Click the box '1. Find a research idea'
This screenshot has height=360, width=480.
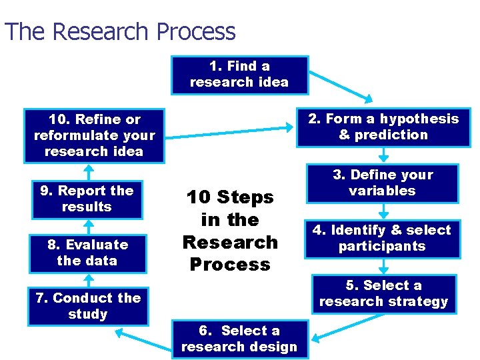[x=239, y=75]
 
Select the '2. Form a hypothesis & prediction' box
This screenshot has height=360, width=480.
[x=383, y=127]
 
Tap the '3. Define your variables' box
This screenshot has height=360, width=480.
[x=383, y=183]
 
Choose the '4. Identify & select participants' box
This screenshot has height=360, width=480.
[x=382, y=239]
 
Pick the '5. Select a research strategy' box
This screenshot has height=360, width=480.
[x=383, y=294]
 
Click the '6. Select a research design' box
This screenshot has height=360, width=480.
[x=239, y=339]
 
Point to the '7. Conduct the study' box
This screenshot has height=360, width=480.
[x=88, y=306]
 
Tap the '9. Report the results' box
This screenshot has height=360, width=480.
[x=87, y=199]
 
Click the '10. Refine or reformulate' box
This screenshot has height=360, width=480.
[x=94, y=135]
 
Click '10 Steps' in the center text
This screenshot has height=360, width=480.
[x=230, y=197]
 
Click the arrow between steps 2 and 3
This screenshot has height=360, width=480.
[x=383, y=156]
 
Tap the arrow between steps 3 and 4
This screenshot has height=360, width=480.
[x=383, y=213]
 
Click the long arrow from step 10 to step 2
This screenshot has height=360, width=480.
[x=227, y=133]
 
